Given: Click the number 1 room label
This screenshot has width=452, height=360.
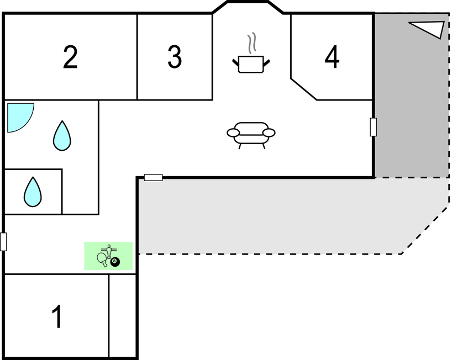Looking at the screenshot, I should pyautogui.click(x=57, y=317).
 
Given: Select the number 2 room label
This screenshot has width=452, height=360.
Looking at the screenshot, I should pyautogui.click(x=70, y=57).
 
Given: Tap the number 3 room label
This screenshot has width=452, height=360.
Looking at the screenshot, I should pyautogui.click(x=175, y=57).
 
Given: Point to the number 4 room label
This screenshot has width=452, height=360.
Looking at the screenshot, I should pyautogui.click(x=332, y=57).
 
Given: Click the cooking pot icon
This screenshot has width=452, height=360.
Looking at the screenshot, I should pyautogui.click(x=251, y=63).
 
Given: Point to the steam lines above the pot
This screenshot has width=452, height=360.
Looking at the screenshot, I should pyautogui.click(x=252, y=43).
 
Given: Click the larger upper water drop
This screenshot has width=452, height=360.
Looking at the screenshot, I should pyautogui.click(x=62, y=136).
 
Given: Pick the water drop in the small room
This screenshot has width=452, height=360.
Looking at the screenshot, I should pyautogui.click(x=33, y=192).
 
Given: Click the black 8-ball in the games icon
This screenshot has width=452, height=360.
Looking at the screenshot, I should pyautogui.click(x=115, y=262).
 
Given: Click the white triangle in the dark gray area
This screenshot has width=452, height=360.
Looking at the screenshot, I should pyautogui.click(x=429, y=29).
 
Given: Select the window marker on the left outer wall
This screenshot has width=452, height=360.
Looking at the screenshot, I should pyautogui.click(x=3, y=242).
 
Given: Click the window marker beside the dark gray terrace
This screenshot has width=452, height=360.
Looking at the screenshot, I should pyautogui.click(x=374, y=127).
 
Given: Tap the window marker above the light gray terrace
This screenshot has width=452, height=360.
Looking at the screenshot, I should pyautogui.click(x=153, y=177).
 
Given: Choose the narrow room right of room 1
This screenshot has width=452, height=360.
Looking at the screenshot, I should pyautogui.click(x=122, y=316).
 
